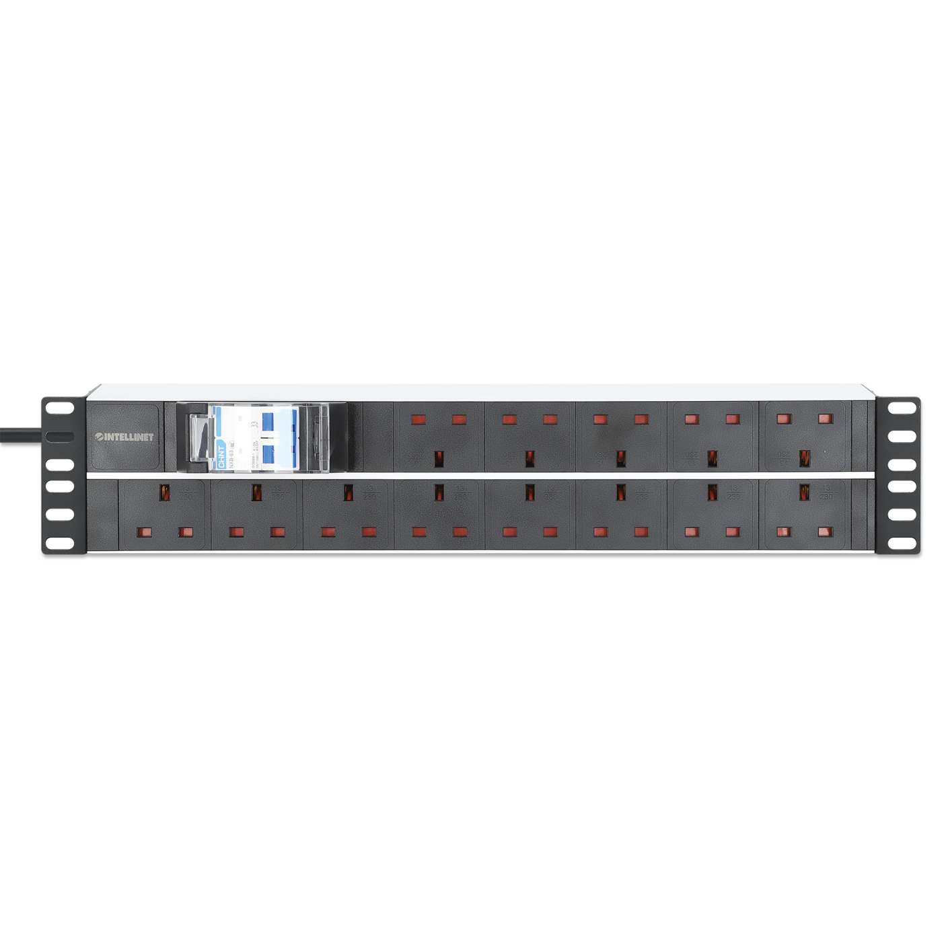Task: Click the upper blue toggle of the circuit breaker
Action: [268, 422]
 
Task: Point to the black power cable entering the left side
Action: [20, 435]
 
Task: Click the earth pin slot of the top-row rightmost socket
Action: [803, 459]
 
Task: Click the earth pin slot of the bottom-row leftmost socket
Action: [164, 493]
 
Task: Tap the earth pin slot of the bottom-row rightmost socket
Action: [803, 493]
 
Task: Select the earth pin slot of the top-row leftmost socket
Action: [439, 459]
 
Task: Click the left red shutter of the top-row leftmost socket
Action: [418, 419]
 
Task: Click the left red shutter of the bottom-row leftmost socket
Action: [143, 532]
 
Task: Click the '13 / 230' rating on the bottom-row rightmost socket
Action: [825, 492]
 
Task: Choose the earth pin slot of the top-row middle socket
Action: [621, 459]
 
